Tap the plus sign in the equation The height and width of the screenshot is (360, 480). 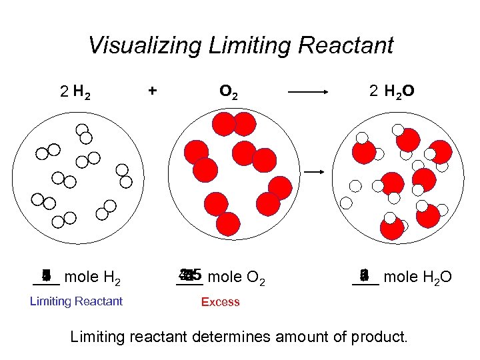pos(153,91)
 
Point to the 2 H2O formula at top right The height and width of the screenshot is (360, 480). pos(392,92)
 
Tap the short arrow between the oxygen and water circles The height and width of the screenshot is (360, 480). pos(315,172)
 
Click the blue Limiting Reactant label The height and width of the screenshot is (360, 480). pos(76,301)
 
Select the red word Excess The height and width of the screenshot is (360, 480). pos(220,302)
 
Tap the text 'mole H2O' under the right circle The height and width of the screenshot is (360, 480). pos(418,276)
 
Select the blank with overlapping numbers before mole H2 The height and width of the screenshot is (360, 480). pos(46,276)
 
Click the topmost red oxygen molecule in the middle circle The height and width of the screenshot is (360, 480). pos(235,123)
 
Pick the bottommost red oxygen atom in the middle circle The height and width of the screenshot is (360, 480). pos(228,224)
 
